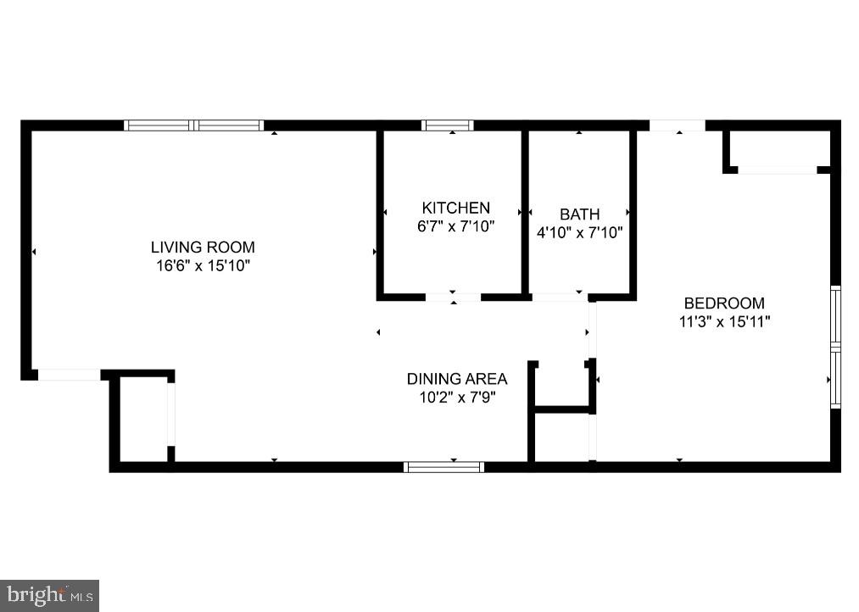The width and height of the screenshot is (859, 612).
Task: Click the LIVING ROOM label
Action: (x=203, y=248)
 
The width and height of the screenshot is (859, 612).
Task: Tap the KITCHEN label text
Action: (x=456, y=208)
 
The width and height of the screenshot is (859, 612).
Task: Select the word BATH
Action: (x=579, y=214)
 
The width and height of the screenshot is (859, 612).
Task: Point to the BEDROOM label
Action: (x=724, y=303)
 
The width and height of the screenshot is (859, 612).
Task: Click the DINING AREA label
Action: (x=457, y=379)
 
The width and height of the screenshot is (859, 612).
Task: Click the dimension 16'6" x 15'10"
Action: (x=203, y=266)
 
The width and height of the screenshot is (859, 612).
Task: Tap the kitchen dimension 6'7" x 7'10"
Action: (x=456, y=226)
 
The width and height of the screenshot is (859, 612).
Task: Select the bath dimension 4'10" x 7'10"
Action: (x=579, y=232)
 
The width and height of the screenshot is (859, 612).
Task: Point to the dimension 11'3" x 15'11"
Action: (x=724, y=321)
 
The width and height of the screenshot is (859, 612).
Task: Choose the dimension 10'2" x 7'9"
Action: (x=457, y=398)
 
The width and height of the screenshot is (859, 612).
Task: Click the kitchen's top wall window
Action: (x=448, y=125)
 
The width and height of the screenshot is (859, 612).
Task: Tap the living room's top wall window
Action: (x=194, y=125)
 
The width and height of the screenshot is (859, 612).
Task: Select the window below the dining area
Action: (x=443, y=466)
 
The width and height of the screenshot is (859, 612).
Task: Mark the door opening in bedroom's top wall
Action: (x=678, y=125)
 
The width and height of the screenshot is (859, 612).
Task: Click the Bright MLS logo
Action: (x=49, y=595)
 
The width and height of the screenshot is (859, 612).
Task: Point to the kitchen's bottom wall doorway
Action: (x=453, y=297)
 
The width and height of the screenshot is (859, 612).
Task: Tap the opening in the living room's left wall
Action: (x=69, y=375)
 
